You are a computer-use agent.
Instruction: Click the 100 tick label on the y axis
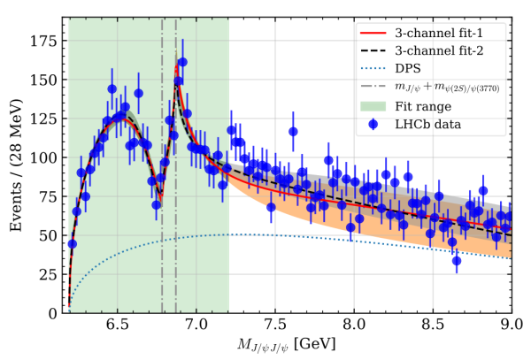point(42,157)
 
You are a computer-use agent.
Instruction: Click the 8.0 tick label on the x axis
point(354,325)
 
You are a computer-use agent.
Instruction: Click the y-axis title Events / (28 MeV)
point(15,168)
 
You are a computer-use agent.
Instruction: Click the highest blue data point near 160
point(182,63)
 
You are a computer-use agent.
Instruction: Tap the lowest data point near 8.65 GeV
point(457,260)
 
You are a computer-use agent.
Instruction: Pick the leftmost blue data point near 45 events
point(73,243)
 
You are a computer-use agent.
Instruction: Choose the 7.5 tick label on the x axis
point(275,325)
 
